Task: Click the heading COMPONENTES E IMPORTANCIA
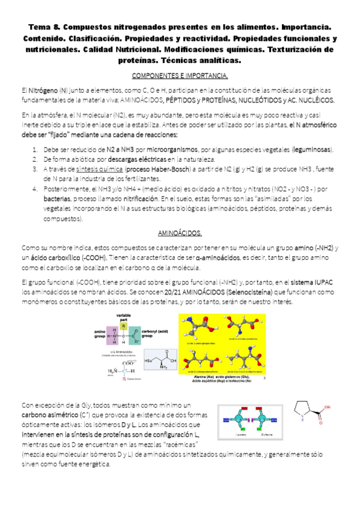point(179,76)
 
